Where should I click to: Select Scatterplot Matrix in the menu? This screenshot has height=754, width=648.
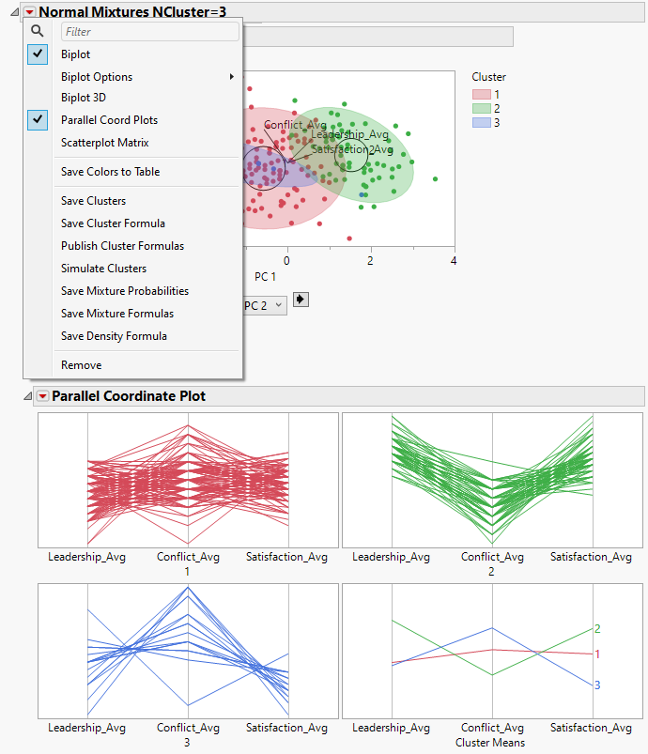pos(104,143)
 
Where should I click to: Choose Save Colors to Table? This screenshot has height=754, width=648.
pos(110,172)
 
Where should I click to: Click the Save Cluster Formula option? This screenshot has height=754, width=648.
pos(113,223)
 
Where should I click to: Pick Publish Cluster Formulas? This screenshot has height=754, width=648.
pos(122,246)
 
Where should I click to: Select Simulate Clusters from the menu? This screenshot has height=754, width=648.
pos(103,269)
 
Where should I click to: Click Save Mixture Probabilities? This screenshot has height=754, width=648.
pos(125,291)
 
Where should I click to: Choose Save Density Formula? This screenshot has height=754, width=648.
pos(114,336)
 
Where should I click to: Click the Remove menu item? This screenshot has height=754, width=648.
pos(81,365)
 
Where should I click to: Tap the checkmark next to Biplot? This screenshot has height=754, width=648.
pos(39,54)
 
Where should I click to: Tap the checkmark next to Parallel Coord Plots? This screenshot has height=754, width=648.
pos(39,120)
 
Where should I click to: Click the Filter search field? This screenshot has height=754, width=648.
pos(148,32)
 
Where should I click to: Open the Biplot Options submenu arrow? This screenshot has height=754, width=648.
pos(232,77)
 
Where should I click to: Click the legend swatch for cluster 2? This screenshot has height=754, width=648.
pos(481,109)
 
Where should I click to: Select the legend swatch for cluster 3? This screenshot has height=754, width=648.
pos(481,123)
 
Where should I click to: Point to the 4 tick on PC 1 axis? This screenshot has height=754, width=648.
pos(454,261)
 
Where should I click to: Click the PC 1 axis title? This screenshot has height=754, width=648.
pos(266,277)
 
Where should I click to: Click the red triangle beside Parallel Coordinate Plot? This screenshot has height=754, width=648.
pos(42,396)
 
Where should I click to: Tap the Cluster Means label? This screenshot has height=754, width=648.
pos(492,743)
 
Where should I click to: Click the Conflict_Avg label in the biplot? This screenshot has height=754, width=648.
pos(295,125)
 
